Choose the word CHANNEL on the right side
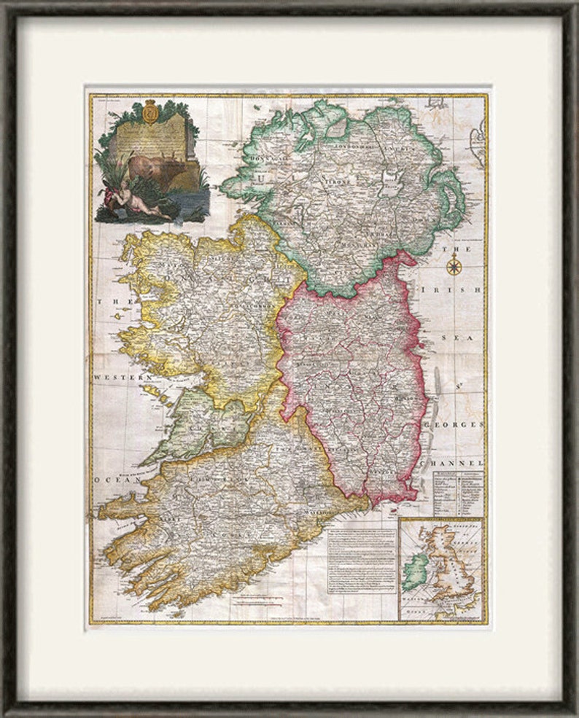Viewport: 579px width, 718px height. (x=459, y=462)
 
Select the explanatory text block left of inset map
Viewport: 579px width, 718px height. (x=361, y=565)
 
